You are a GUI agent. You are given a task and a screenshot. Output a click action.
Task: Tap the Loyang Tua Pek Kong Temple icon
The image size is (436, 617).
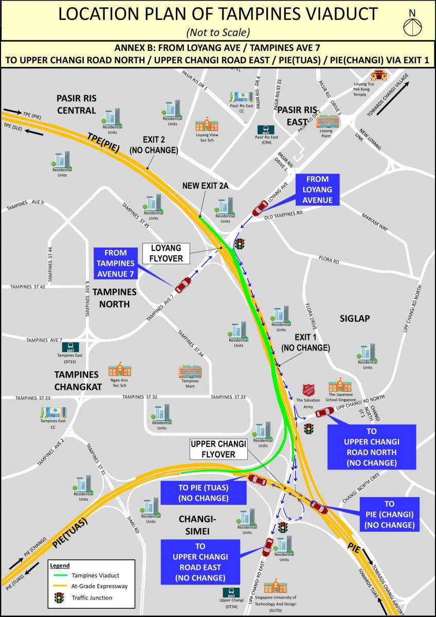(377, 75)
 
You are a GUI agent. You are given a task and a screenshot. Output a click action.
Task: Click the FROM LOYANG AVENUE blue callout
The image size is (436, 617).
(317, 190)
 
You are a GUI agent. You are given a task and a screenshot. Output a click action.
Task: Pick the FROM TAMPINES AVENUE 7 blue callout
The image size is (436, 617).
(115, 263)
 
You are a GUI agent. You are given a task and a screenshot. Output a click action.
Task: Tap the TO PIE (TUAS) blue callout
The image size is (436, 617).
(203, 493)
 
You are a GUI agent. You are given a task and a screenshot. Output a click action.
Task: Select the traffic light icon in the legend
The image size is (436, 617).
(60, 597)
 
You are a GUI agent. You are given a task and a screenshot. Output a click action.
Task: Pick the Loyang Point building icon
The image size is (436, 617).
(326, 121)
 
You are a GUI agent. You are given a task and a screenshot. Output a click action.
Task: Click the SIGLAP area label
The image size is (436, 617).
(354, 318)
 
